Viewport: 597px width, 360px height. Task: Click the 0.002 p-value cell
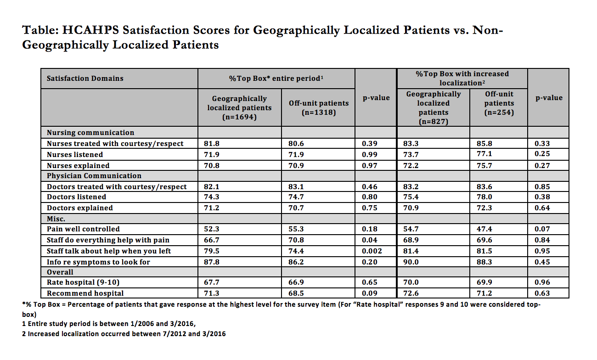pyautogui.click(x=372, y=251)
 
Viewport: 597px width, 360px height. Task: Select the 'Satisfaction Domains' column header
pyautogui.click(x=85, y=79)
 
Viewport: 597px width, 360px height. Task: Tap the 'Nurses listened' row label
pyautogui.click(x=75, y=155)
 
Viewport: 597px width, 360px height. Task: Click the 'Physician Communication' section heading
pyautogui.click(x=94, y=176)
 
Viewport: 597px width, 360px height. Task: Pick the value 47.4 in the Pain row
pyautogui.click(x=484, y=229)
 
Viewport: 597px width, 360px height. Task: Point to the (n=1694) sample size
pyautogui.click(x=239, y=117)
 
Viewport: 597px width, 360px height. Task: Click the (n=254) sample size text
pyautogui.click(x=499, y=112)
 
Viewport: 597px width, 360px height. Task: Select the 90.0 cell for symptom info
pyautogui.click(x=411, y=262)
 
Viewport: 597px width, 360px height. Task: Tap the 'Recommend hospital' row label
pyautogui.click(x=85, y=293)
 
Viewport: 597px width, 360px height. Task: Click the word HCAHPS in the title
pyautogui.click(x=90, y=30)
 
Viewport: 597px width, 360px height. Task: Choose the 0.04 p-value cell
pyautogui.click(x=369, y=240)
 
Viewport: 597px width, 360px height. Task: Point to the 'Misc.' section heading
pyautogui.click(x=56, y=219)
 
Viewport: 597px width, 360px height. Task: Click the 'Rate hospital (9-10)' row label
pyautogui.click(x=83, y=282)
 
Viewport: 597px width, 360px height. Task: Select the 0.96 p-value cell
pyautogui.click(x=542, y=282)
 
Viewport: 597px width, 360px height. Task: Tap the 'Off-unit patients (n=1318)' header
pyautogui.click(x=319, y=107)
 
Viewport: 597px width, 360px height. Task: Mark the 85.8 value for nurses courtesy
pyautogui.click(x=484, y=144)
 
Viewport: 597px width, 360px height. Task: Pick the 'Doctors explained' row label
pyautogui.click(x=80, y=208)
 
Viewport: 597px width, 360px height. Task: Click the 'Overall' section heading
pyautogui.click(x=60, y=272)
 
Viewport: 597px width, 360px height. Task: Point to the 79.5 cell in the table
pyautogui.click(x=212, y=251)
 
